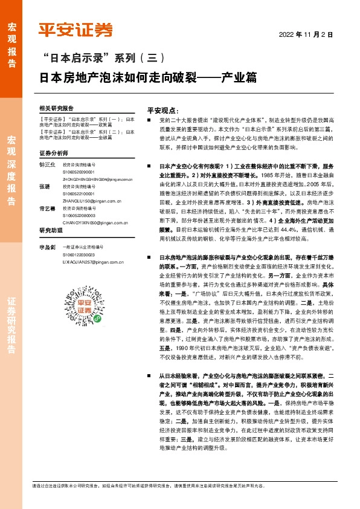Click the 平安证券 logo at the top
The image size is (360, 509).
click(x=76, y=30)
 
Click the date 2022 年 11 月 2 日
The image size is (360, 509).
click(x=306, y=34)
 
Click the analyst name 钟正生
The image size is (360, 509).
click(x=47, y=164)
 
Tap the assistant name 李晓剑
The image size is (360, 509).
click(x=47, y=247)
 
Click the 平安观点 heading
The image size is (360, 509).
click(x=163, y=111)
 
